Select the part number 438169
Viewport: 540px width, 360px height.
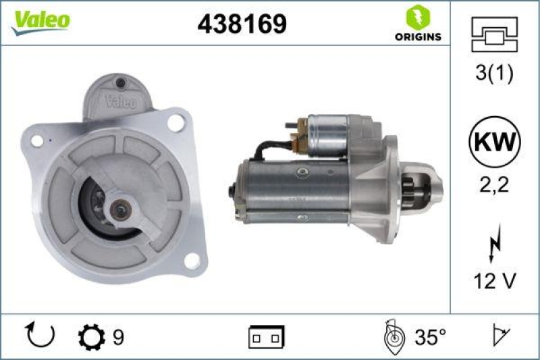click(x=242, y=24)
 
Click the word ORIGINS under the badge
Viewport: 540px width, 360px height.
click(x=418, y=36)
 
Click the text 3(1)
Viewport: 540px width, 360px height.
click(x=494, y=74)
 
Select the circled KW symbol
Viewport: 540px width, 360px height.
click(x=494, y=143)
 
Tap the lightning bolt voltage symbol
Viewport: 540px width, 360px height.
click(x=494, y=245)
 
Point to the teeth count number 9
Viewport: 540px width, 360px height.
click(x=118, y=336)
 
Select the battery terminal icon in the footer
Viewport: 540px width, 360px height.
click(x=267, y=336)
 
